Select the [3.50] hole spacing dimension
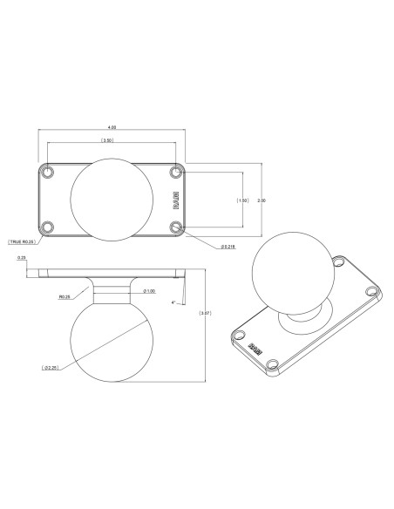coord(106,140)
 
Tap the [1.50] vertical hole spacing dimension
coord(242,200)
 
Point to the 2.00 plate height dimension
coord(262,200)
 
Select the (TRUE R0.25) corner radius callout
coord(21,241)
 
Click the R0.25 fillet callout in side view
coord(65,296)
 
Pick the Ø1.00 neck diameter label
coord(149,291)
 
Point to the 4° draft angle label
coord(174,302)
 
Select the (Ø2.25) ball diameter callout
coord(51,368)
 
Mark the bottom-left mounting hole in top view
coord(49,227)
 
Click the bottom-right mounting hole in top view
coord(177,227)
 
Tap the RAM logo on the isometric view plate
coord(255,347)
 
